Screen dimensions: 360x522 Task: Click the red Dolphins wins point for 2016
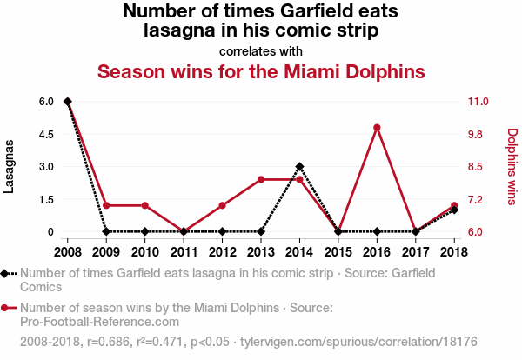pyautogui.click(x=377, y=128)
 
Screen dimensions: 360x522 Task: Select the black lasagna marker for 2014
pyautogui.click(x=299, y=166)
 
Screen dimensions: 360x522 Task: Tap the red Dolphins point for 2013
pyautogui.click(x=261, y=179)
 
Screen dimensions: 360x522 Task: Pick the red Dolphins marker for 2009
pyautogui.click(x=106, y=205)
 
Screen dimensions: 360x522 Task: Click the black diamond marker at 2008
pyautogui.click(x=68, y=102)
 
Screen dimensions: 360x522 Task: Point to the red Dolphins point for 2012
pyautogui.click(x=222, y=205)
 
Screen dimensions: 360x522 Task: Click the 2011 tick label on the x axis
pyautogui.click(x=184, y=252)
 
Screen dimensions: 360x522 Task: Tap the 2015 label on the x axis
pyautogui.click(x=338, y=252)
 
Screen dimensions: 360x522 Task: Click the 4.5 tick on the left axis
pyautogui.click(x=46, y=134)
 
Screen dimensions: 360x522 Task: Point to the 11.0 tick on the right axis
pyautogui.click(x=480, y=102)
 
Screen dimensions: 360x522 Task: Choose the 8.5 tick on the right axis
pyautogui.click(x=480, y=166)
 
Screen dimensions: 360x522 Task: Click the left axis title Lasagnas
pyautogui.click(x=10, y=166)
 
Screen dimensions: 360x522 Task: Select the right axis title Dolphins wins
pyautogui.click(x=512, y=166)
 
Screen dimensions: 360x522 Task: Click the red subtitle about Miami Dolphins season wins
pyautogui.click(x=261, y=70)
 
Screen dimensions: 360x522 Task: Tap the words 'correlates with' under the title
pyautogui.click(x=261, y=51)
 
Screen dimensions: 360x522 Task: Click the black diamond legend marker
pyautogui.click(x=6, y=273)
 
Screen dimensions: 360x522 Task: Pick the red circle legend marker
pyautogui.click(x=6, y=308)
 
